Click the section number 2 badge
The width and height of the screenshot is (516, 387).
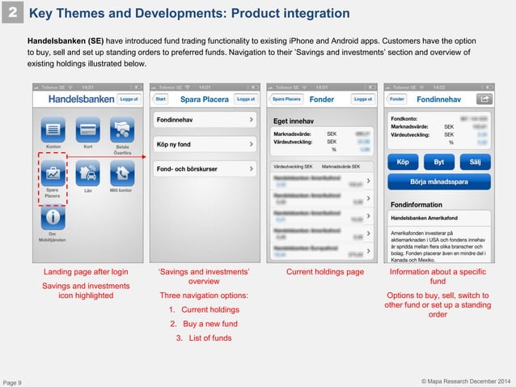pyautogui.click(x=15, y=14)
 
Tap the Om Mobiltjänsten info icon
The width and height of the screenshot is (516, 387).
pyautogui.click(x=52, y=217)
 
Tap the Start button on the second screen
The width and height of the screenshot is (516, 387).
pyautogui.click(x=161, y=98)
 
